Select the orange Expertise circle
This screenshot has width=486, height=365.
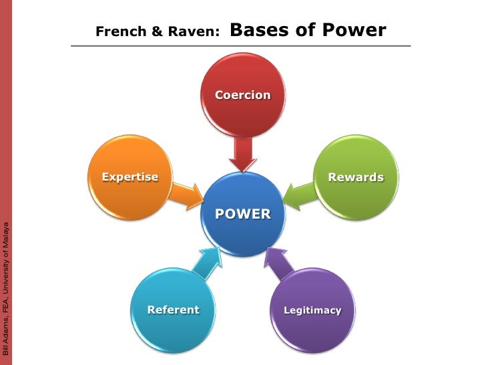click(131, 177)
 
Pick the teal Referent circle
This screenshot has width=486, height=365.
click(173, 310)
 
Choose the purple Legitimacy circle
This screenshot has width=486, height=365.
click(312, 310)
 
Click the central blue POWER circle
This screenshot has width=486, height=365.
click(242, 214)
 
